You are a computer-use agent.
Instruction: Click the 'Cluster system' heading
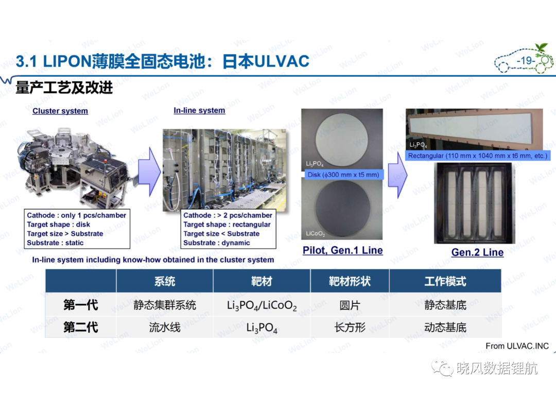[60, 111]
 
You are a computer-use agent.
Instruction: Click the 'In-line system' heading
[199, 110]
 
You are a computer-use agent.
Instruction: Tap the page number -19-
[526, 61]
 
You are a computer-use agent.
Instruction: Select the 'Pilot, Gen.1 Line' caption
[342, 250]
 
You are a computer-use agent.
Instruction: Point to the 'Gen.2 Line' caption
[477, 252]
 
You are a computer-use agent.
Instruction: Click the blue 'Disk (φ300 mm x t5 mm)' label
[343, 175]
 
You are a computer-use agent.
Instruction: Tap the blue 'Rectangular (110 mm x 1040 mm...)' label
[478, 156]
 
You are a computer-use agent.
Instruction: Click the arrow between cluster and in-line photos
[149, 172]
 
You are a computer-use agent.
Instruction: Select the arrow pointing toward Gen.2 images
[397, 175]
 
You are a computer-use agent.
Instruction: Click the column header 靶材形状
[350, 281]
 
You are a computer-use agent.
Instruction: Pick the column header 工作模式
[445, 281]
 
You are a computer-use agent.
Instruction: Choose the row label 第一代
[81, 305]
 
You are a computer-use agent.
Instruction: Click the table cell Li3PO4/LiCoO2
[262, 305]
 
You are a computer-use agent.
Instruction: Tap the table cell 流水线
[165, 327]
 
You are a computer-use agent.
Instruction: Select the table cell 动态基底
[445, 327]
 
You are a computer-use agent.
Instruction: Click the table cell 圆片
[350, 305]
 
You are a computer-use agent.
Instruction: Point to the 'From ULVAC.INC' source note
[517, 346]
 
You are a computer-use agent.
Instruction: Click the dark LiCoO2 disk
[342, 208]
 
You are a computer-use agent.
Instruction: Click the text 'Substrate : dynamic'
[217, 243]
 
